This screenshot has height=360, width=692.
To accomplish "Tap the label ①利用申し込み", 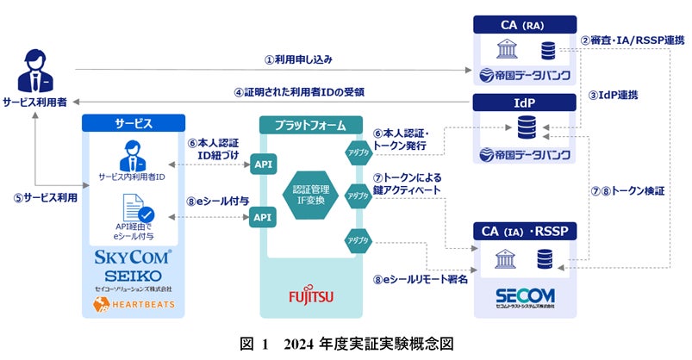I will [x=297, y=59].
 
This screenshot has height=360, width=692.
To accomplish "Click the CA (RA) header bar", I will [x=523, y=23].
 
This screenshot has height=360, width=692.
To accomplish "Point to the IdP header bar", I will [x=523, y=102].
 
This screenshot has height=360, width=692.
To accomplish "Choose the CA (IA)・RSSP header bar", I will [x=525, y=230].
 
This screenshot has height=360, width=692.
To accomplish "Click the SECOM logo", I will [x=526, y=295].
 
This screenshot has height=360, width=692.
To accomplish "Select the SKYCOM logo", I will [x=133, y=256].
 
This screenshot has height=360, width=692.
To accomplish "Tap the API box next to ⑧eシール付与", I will [x=261, y=217].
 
